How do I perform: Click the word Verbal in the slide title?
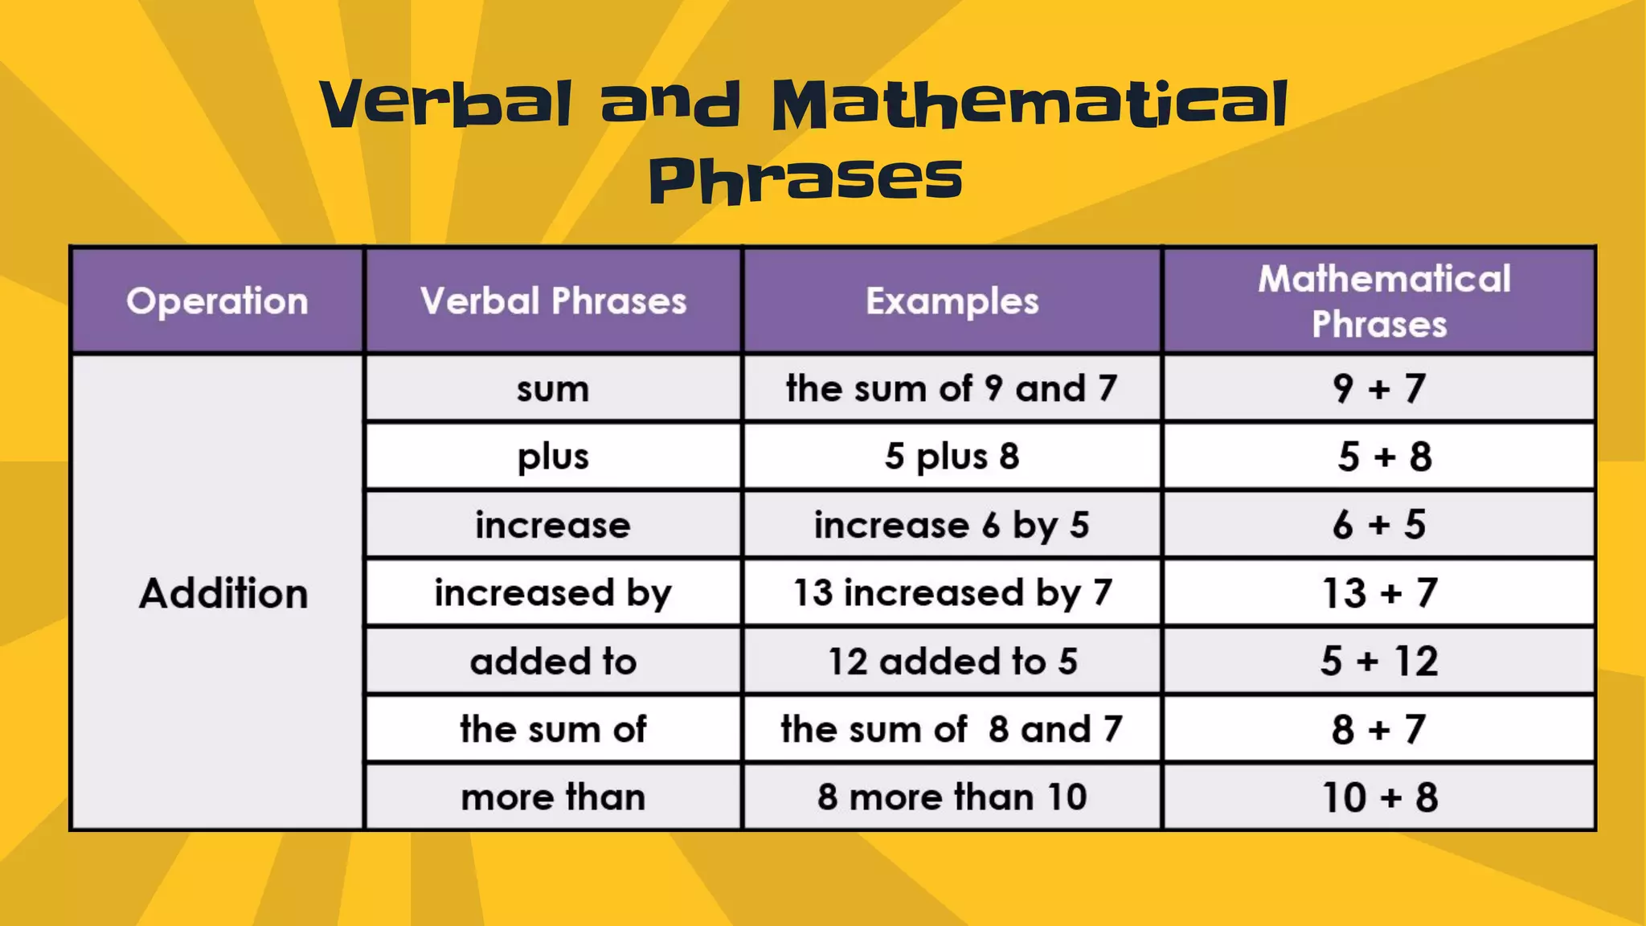[447, 104]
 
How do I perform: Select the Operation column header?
[217, 301]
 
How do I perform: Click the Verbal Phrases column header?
[553, 301]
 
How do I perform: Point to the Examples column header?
[952, 301]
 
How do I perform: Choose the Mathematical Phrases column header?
[1380, 301]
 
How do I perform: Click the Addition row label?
[223, 593]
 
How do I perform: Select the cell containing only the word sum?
[553, 389]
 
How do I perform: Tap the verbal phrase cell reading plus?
[553, 457]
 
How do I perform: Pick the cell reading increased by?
[553, 593]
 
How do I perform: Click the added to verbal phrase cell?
[553, 662]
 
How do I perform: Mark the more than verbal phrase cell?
[553, 797]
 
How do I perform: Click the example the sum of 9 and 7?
[952, 389]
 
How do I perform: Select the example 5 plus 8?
[952, 457]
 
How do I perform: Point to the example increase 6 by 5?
[952, 525]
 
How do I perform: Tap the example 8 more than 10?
[952, 797]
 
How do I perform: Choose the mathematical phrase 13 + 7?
[1380, 593]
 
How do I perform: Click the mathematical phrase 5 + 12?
[1380, 662]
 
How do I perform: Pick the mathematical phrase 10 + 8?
[1380, 797]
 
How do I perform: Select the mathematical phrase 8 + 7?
[1380, 730]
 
